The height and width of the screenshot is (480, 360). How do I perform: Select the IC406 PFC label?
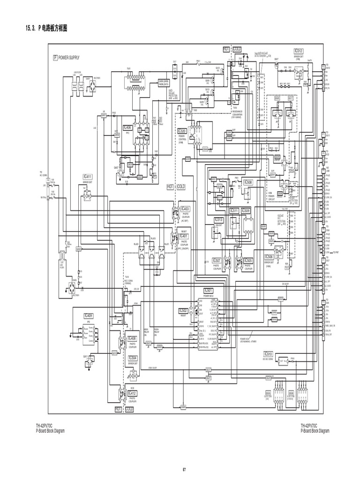(127, 127)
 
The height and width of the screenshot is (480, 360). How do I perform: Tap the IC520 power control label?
(182, 132)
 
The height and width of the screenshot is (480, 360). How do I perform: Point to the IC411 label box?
(88, 177)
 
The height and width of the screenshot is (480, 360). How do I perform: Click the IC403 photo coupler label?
(185, 209)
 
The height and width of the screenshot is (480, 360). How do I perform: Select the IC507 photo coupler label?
(217, 261)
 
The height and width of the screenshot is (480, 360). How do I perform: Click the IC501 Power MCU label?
(208, 291)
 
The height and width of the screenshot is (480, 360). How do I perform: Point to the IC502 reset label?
(183, 310)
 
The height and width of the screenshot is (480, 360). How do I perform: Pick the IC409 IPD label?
(89, 315)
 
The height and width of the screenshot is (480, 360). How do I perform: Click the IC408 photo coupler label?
(132, 338)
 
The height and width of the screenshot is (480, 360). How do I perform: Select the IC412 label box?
(132, 393)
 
